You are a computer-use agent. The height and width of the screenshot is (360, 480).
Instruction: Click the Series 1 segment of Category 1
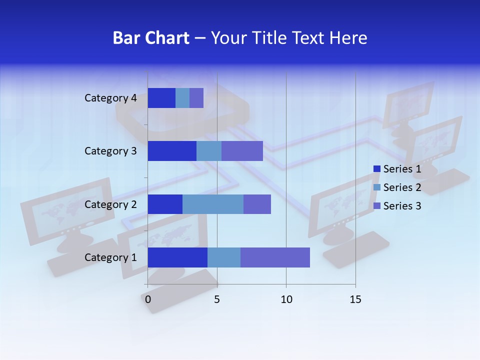[x=177, y=257]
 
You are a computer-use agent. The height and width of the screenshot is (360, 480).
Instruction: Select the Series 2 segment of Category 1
[x=224, y=257]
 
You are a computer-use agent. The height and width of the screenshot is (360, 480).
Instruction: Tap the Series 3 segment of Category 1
[x=275, y=257]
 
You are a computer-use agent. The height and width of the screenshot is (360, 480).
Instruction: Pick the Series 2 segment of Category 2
[x=213, y=204]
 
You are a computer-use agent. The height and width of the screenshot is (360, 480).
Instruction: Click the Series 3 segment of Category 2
[x=257, y=204]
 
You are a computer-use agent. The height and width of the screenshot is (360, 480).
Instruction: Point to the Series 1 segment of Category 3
[x=172, y=151]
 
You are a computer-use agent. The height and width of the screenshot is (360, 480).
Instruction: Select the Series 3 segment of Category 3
[x=242, y=151]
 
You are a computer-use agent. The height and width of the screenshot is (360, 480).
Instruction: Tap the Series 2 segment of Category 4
[x=182, y=98]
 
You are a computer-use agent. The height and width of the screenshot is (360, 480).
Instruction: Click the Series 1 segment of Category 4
[x=161, y=98]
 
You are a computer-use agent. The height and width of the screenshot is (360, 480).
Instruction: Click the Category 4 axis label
[x=110, y=98]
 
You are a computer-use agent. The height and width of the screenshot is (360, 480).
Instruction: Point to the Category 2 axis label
[x=110, y=204]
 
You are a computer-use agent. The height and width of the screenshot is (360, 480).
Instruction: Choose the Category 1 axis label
[x=110, y=257]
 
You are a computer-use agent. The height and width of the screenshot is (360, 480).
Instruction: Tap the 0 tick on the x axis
[x=147, y=299]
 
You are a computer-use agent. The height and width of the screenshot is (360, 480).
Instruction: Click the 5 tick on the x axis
[x=217, y=299]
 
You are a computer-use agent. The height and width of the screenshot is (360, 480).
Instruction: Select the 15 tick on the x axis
[x=355, y=299]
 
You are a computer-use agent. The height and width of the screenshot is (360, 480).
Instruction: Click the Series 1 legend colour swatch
[x=377, y=169]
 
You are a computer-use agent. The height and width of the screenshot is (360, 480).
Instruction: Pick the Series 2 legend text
[x=402, y=187]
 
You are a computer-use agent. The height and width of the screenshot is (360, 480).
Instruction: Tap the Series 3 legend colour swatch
[x=377, y=206]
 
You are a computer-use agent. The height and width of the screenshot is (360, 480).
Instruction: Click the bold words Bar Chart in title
[x=151, y=38]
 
